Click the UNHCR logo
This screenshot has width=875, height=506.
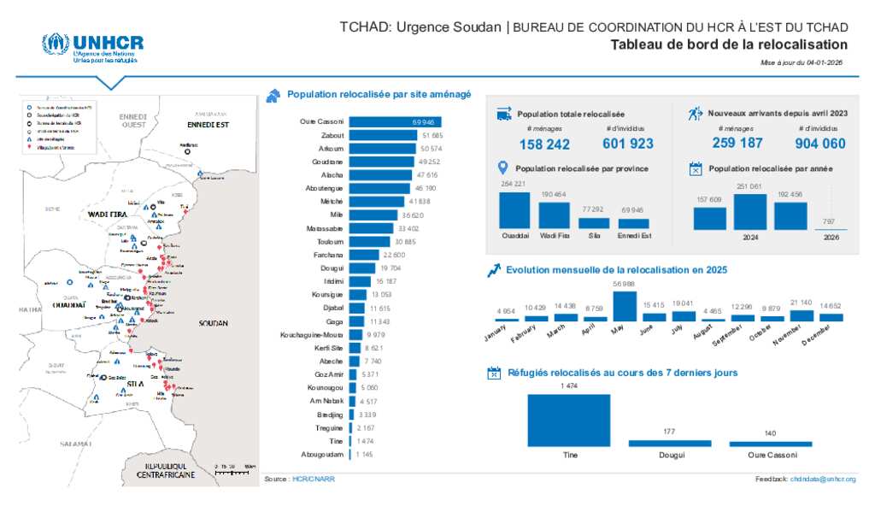(93, 47)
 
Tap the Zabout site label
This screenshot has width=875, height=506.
(332, 136)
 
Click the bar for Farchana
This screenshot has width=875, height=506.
(364, 255)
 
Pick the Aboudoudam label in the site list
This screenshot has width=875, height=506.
(322, 454)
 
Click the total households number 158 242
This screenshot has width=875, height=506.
(544, 144)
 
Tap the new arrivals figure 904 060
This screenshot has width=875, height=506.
(820, 144)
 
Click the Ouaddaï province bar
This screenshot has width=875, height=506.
(514, 210)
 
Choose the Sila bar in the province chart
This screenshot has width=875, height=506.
(594, 223)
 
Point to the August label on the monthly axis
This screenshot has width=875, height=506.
(702, 338)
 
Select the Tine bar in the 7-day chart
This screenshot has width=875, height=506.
(569, 420)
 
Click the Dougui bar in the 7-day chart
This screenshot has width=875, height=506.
(669, 443)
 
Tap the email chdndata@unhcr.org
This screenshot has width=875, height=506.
(823, 480)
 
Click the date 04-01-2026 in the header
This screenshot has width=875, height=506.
(824, 63)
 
